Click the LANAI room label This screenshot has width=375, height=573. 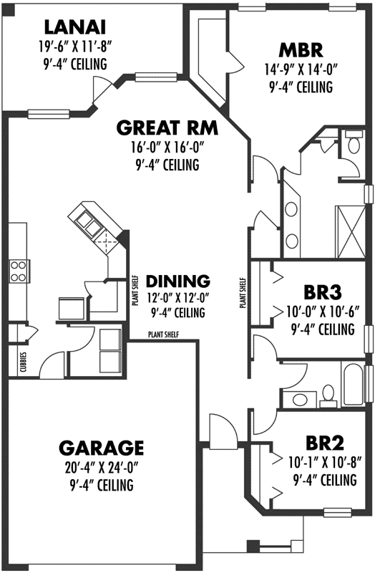tap(75, 27)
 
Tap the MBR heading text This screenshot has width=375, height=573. tap(301, 50)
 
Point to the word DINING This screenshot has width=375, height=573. tap(177, 280)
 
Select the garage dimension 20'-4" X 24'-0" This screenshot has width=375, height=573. tap(101, 470)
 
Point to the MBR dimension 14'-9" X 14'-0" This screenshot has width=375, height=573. tap(301, 71)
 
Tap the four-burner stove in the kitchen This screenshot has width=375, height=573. tap(18, 271)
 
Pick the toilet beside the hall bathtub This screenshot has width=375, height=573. tap(326, 393)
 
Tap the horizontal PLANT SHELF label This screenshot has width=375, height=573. tap(164, 334)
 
